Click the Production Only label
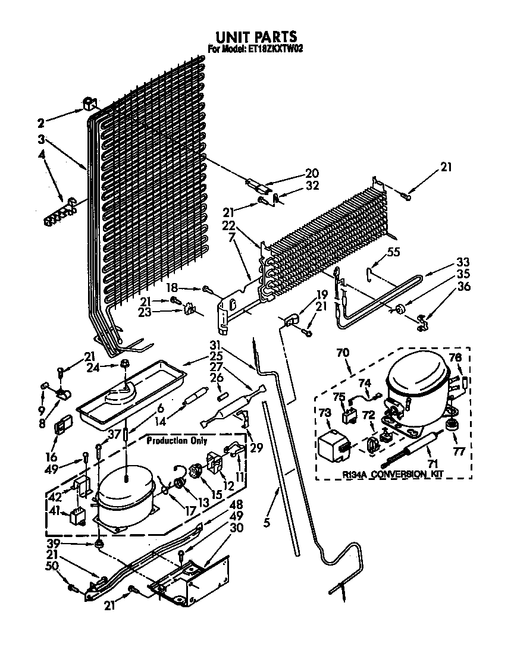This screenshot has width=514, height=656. pyautogui.click(x=178, y=441)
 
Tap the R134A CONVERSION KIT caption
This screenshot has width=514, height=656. pyautogui.click(x=393, y=474)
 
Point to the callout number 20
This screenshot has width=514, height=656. pyautogui.click(x=312, y=173)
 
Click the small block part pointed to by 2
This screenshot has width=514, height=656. pyautogui.click(x=89, y=104)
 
